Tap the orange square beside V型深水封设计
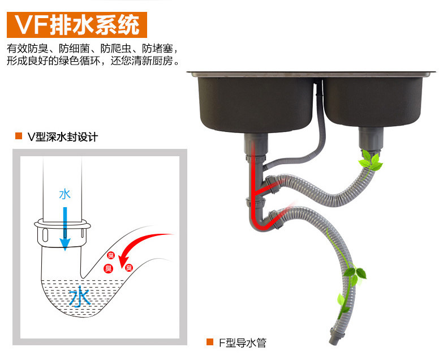click(19, 136)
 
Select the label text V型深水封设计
click(63, 136)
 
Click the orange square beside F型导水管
click(209, 342)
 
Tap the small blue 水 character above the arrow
click(65, 194)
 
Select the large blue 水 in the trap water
click(80, 297)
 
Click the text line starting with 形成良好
click(94, 61)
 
